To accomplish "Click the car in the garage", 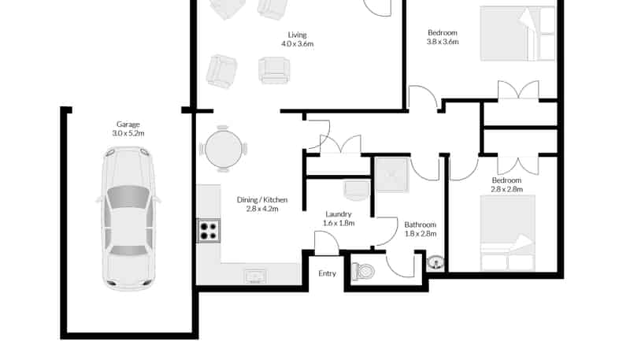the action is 128,218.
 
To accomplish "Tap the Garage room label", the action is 128,124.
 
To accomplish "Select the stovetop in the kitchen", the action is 209,231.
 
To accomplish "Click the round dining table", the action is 224,149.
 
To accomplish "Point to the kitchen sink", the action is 255,276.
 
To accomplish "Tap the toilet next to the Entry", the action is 363,272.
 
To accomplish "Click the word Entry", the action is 327,273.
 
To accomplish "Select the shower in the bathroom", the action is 391,175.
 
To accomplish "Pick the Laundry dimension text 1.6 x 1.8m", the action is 339,223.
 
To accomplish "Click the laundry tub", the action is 357,190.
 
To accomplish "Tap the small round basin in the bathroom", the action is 435,263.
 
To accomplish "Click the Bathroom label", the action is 421,225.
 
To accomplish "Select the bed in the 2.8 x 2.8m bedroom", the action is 508,233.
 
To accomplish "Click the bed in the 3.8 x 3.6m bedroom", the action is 517,34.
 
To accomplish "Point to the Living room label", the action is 298,35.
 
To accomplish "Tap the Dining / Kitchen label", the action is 262,199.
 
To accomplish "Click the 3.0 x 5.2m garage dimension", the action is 128,133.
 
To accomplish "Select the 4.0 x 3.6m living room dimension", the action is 298,44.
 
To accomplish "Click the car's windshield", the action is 128,196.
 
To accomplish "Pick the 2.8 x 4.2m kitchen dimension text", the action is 262,209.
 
